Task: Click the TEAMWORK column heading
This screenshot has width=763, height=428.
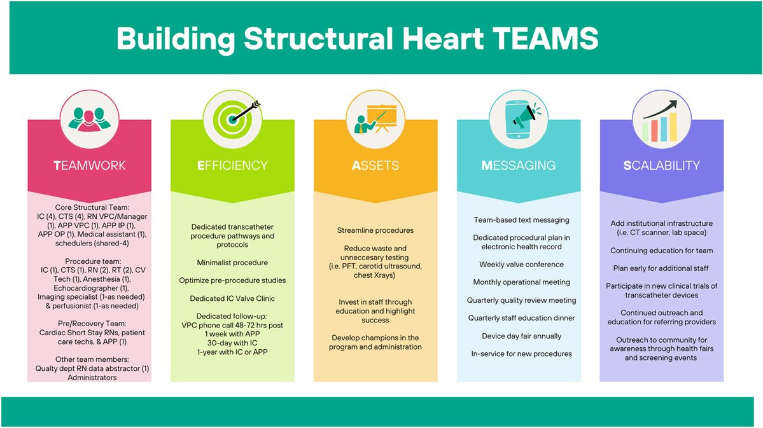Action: coord(90,165)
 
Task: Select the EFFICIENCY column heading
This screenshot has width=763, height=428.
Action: coord(233,165)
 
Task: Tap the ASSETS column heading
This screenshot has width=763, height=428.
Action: coord(375,165)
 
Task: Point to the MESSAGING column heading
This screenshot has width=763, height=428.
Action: coord(518,165)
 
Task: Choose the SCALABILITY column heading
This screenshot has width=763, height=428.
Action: coord(661,165)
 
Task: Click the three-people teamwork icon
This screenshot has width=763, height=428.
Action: coord(90,120)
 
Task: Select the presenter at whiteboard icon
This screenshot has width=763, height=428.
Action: coord(375,119)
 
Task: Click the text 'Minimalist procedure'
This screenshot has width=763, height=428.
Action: coord(233,263)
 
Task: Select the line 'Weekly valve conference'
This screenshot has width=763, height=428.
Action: coord(522,265)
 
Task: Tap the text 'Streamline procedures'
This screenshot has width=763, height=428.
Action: coord(375,231)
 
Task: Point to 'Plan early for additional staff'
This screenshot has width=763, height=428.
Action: coord(661,268)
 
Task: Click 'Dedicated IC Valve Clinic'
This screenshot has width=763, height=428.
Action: coord(233,299)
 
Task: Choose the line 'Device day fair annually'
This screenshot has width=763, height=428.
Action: coord(522,336)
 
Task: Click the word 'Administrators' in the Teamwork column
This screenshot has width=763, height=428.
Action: coord(92,377)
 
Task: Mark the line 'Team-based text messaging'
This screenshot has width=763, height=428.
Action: coord(522,220)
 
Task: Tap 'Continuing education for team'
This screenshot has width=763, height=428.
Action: coord(662,251)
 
